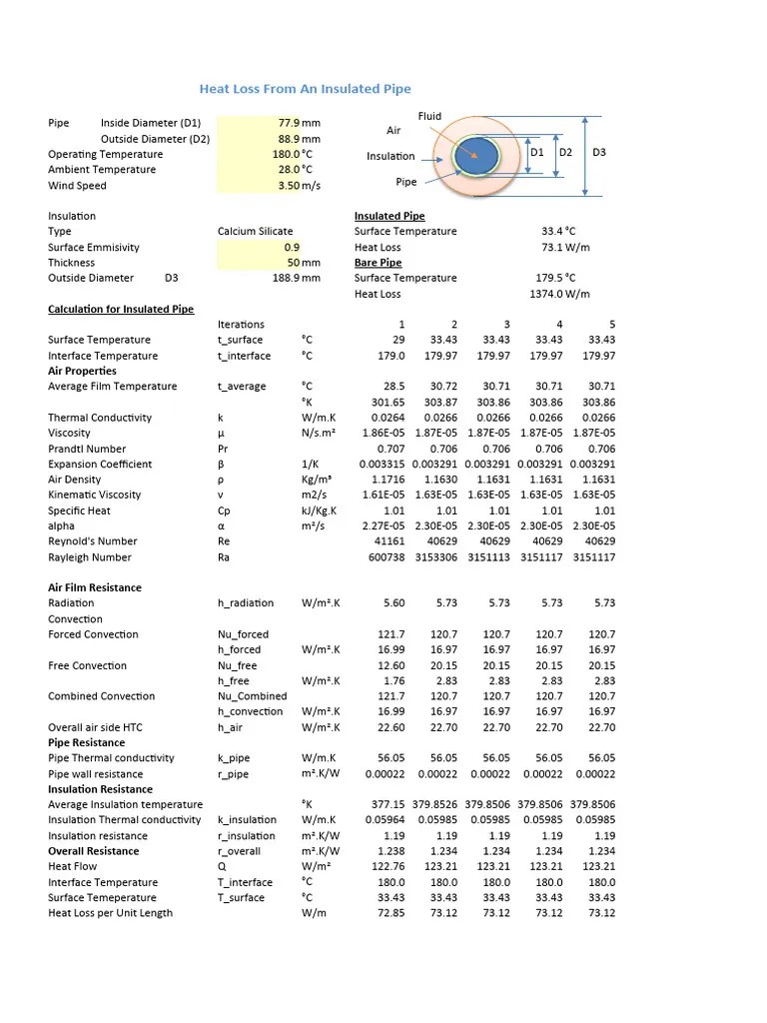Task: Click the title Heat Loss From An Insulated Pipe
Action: [x=305, y=89]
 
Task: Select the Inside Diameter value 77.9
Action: [x=289, y=123]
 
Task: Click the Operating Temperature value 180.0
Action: [x=287, y=154]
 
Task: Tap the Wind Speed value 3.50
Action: [x=289, y=185]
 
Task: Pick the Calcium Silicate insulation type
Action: [x=255, y=231]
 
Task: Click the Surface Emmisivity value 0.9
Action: [x=291, y=247]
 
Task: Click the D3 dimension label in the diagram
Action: [x=599, y=153]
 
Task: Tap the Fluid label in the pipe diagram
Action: [x=429, y=116]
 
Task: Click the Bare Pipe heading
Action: [x=378, y=263]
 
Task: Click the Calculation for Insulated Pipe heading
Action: [x=121, y=310]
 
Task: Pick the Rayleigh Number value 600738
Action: [x=386, y=557]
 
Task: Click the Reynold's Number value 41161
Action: [x=389, y=541]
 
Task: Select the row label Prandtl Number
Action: [x=87, y=449]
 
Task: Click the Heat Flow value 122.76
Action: [x=387, y=867]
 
